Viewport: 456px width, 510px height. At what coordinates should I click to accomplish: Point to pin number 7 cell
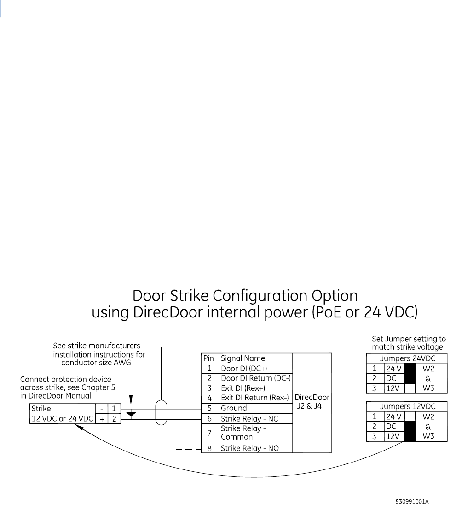(210, 434)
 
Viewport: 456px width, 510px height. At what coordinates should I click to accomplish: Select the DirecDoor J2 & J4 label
(312, 401)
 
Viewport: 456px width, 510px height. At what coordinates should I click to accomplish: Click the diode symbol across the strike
(131, 414)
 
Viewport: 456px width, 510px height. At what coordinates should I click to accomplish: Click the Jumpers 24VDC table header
(406, 358)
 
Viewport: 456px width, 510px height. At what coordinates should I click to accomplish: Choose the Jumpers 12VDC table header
(406, 406)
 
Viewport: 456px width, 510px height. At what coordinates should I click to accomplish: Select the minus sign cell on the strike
(101, 409)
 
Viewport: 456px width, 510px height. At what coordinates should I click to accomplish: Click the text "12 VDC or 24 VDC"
(62, 418)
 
